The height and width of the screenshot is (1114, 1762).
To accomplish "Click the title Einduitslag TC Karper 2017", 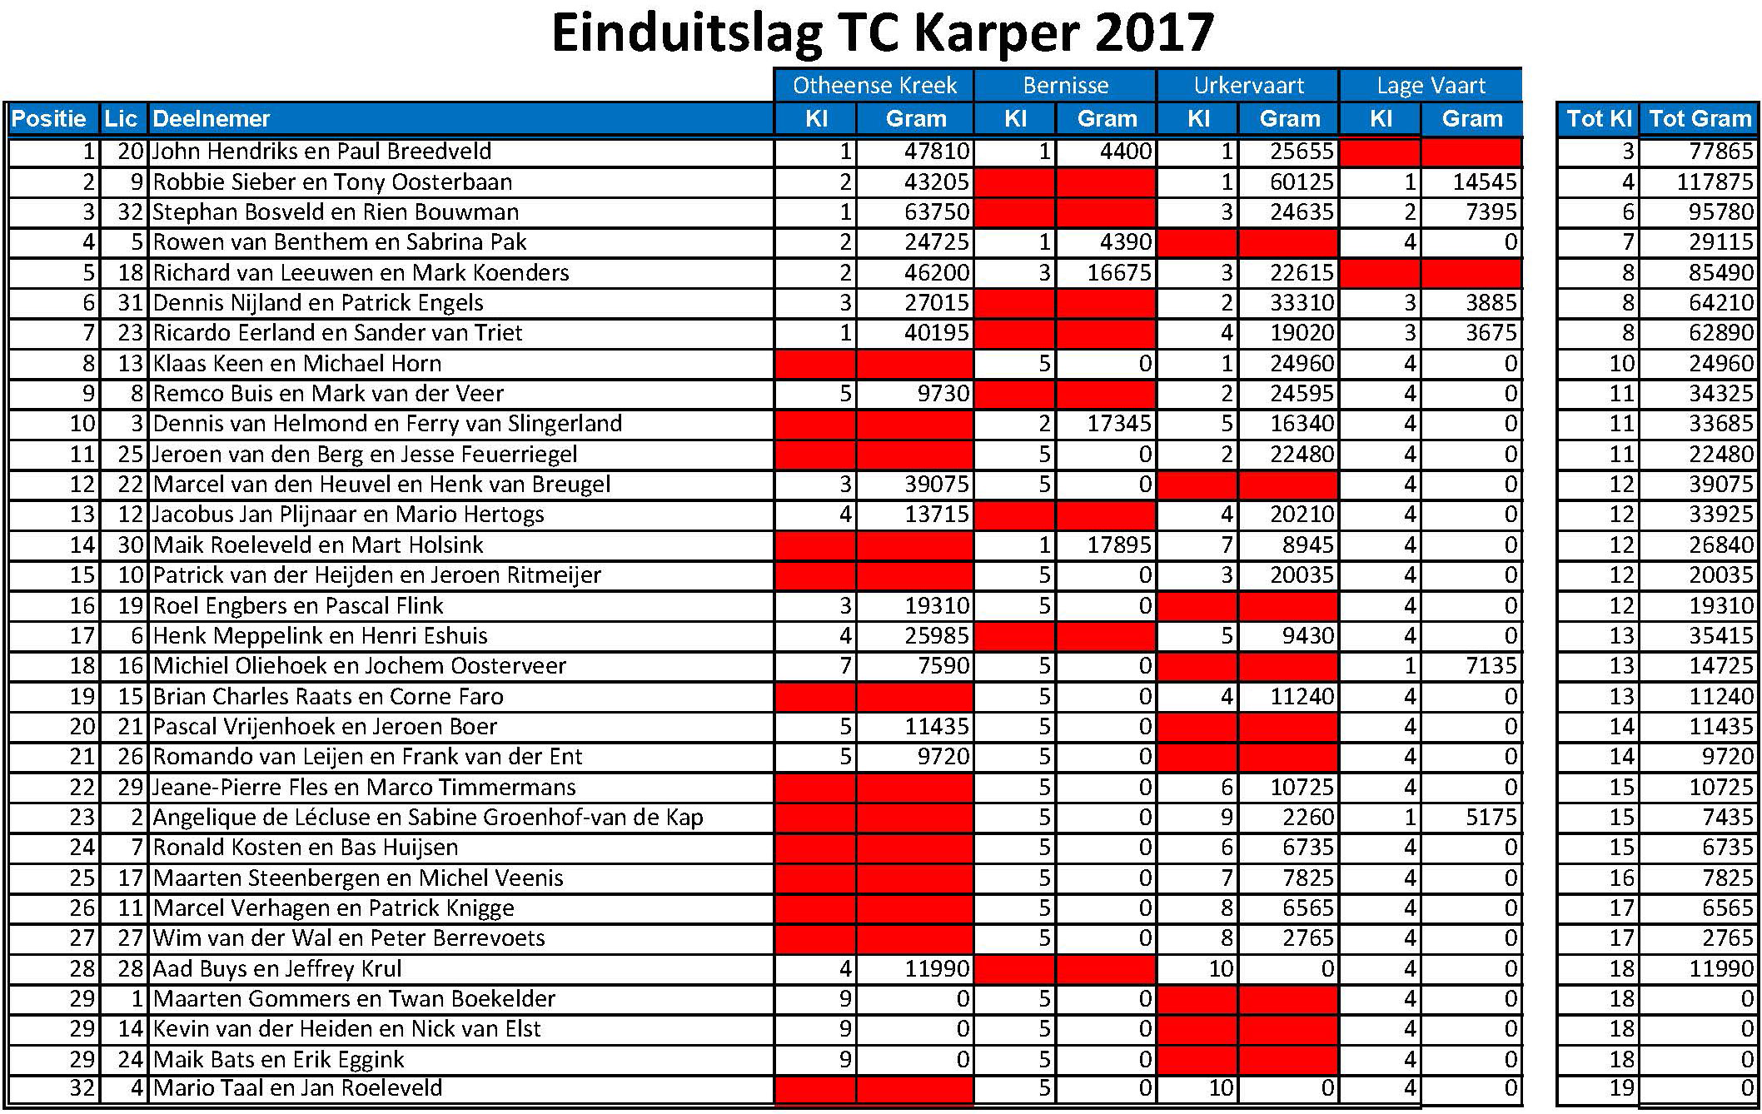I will point(882,33).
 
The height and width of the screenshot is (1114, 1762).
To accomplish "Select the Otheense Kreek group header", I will point(874,86).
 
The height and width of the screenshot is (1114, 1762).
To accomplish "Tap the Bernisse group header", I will point(1065,86).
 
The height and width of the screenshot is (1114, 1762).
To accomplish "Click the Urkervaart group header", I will point(1248,86).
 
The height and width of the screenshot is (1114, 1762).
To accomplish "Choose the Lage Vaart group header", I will point(1431,86).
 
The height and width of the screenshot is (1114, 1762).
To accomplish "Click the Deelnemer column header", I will point(212,119).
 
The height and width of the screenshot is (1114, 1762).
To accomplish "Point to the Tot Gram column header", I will point(1700,119).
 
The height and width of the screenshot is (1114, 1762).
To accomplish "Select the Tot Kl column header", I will point(1598,119).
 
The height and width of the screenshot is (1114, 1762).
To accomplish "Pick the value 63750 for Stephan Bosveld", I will point(937,212).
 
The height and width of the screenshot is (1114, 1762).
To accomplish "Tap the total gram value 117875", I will point(1715,182).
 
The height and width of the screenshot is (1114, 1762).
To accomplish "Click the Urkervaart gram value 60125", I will point(1302,182).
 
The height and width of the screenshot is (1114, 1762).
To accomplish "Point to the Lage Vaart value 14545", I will point(1485,182).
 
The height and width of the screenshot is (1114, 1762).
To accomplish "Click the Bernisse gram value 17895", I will point(1119,545).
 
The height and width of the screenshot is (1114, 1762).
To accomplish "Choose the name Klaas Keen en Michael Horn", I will point(297,364).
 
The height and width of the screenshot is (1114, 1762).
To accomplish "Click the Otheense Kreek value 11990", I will point(937,969).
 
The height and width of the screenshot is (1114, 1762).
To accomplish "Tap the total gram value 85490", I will point(1720,273).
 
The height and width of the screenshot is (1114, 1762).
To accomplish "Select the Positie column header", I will point(49,119).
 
